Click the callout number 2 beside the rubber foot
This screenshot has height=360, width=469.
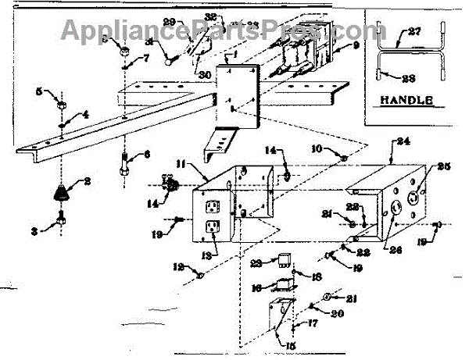[x=87, y=180]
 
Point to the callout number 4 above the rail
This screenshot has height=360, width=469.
[x=86, y=115]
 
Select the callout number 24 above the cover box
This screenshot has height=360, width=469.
[x=403, y=143]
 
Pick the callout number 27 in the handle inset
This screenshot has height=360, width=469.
[x=414, y=32]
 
